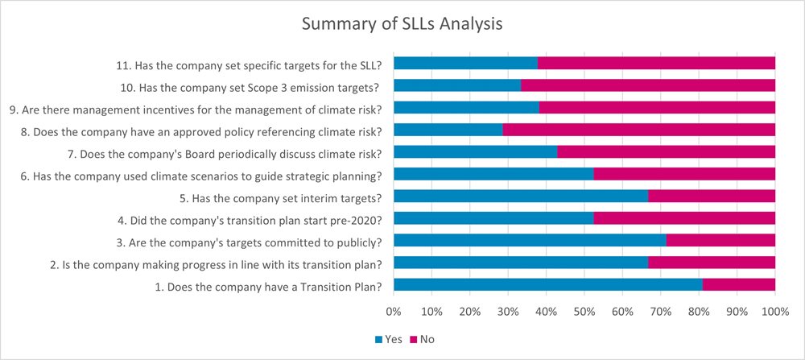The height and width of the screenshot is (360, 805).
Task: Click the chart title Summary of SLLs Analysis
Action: tap(402, 24)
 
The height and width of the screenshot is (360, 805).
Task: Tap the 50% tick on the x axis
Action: tap(584, 311)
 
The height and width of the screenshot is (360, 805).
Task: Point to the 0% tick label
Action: tap(394, 311)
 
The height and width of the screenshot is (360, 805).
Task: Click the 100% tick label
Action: tap(774, 311)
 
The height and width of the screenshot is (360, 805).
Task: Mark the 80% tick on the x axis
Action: tap(698, 311)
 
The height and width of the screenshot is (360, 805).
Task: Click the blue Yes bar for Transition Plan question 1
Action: tap(547, 284)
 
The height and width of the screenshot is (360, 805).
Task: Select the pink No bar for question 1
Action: tap(738, 284)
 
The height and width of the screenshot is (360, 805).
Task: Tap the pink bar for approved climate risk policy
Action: tap(638, 129)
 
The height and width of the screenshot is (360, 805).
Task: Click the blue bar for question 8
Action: tap(448, 129)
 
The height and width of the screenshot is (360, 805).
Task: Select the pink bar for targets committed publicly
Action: tap(720, 240)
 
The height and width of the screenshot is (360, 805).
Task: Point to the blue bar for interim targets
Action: tap(521, 196)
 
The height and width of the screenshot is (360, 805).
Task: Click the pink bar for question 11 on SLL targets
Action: tap(656, 63)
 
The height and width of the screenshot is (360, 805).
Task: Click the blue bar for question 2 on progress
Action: tap(521, 262)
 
